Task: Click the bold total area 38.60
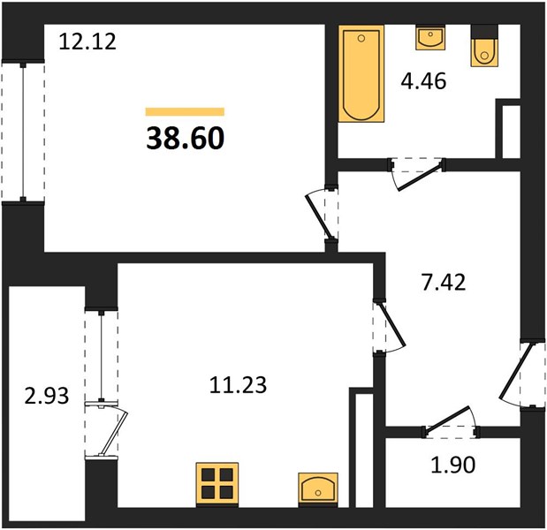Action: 186,138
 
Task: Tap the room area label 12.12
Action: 87,42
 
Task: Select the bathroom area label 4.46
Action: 423,81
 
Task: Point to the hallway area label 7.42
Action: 444,283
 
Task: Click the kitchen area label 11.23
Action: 239,385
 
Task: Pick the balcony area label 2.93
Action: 47,397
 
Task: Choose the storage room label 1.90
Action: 453,465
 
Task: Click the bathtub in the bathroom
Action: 361,73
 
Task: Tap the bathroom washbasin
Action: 430,37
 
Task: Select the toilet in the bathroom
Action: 484,46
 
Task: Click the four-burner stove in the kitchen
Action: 217,484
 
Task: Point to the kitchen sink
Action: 318,488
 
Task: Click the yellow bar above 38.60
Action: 185,111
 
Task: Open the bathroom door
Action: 417,173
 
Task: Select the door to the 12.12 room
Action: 322,215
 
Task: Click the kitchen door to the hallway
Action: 389,328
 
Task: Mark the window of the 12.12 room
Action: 23,131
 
